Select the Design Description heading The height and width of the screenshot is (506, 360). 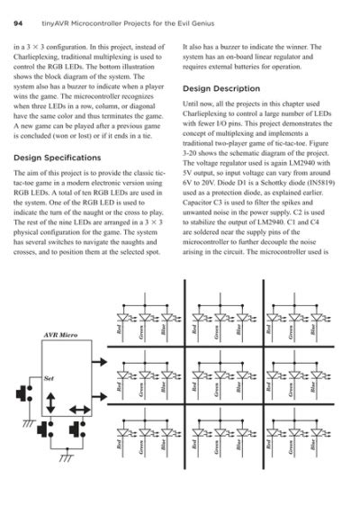click(x=222, y=89)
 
